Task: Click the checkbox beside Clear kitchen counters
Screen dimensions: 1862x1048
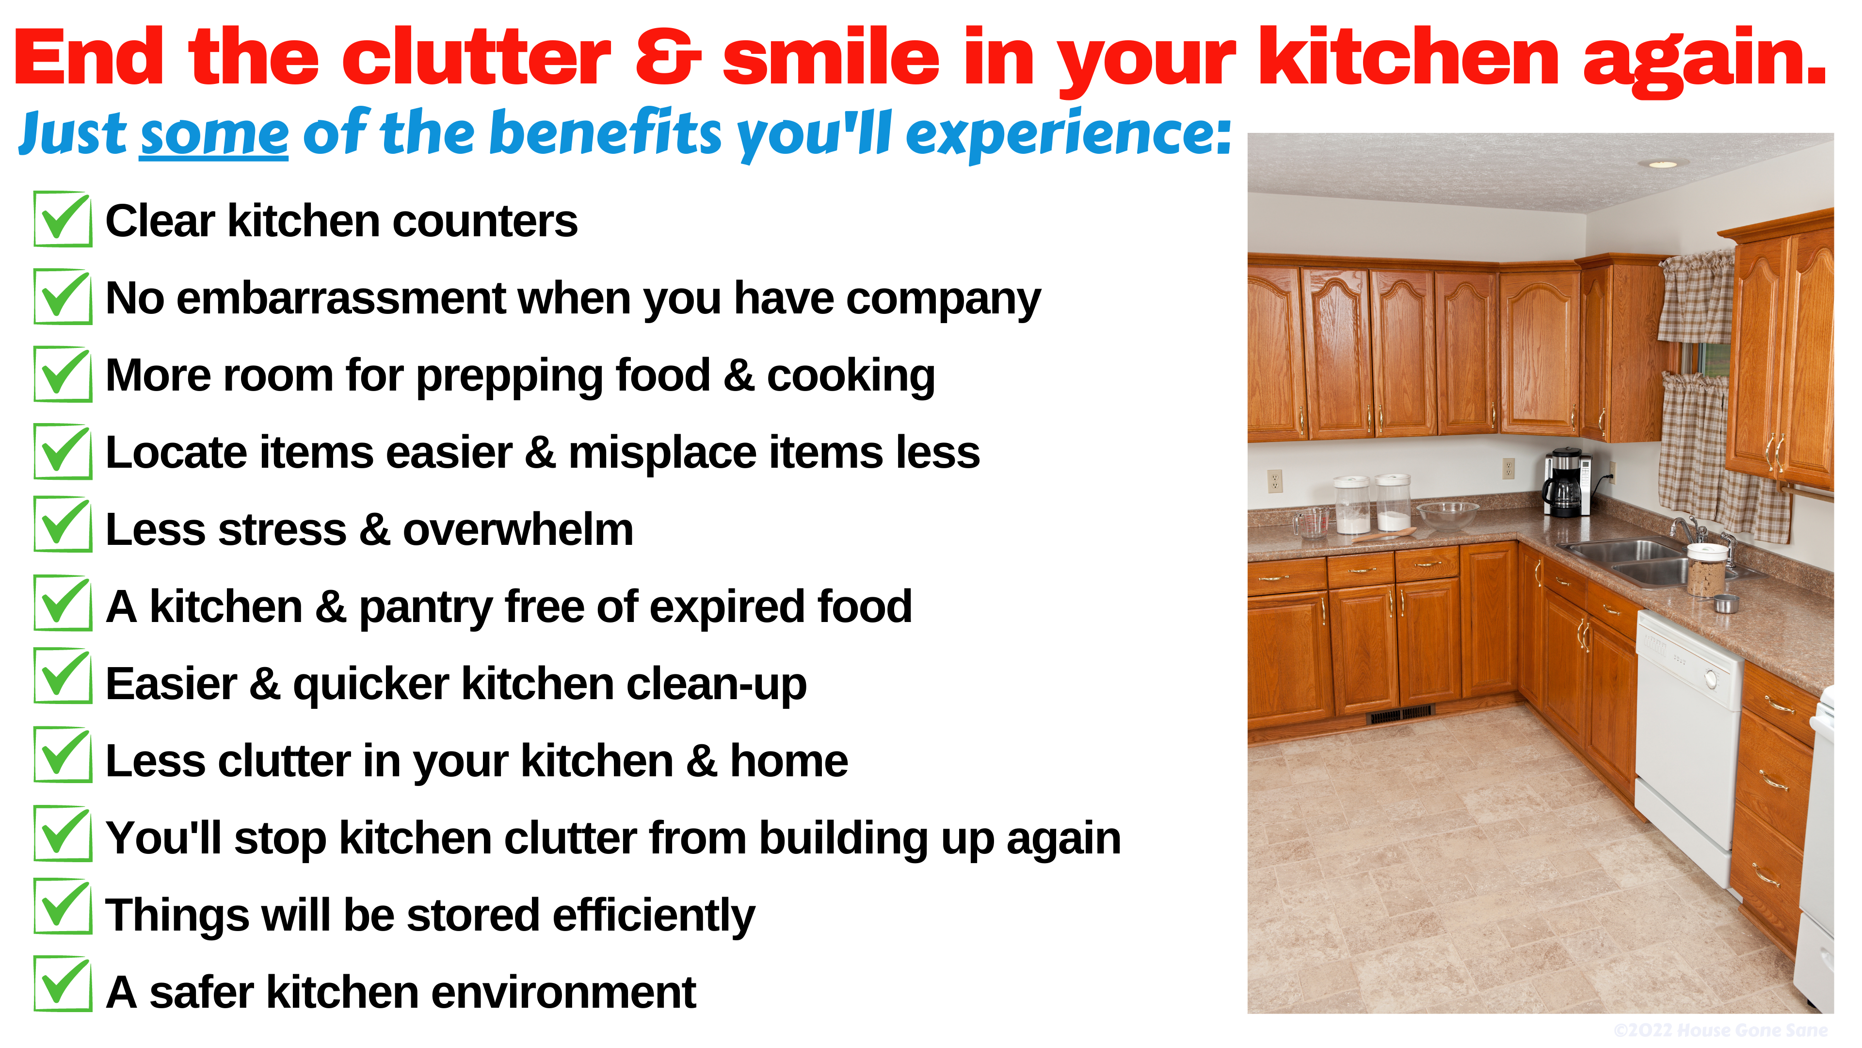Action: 63,219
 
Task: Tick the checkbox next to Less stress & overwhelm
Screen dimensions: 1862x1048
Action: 63,524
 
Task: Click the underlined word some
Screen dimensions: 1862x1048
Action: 214,134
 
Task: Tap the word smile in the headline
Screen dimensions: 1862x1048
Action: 831,58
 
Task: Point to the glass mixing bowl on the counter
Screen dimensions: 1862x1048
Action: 1448,515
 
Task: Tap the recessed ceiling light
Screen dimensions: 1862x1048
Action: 1663,164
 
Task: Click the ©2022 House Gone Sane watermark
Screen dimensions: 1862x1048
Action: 1720,1030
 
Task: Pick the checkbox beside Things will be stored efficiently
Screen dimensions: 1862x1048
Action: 63,906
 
